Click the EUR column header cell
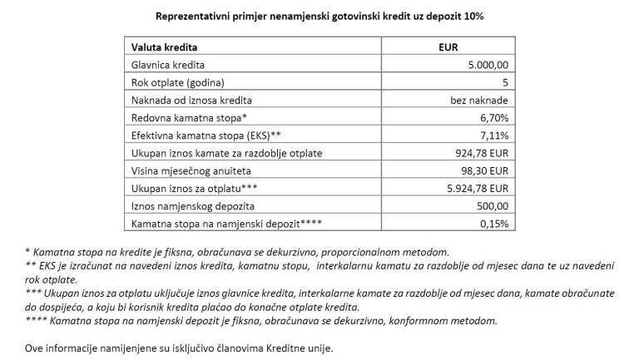tap(448, 48)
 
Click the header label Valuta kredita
tap(165, 48)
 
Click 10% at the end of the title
tap(472, 15)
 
